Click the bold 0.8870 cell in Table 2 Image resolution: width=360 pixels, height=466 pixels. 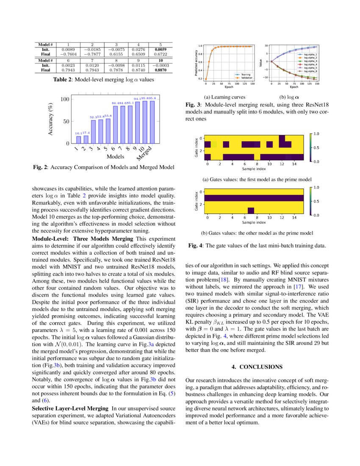pyautogui.click(x=160, y=70)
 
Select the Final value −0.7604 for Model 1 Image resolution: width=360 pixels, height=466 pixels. pyautogui.click(x=68, y=54)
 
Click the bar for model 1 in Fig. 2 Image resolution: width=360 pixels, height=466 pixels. pyautogui.click(x=78, y=139)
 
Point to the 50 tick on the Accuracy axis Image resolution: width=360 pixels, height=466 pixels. pyautogui.click(x=65, y=122)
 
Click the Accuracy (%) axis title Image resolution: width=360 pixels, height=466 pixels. pyautogui.click(x=51, y=119)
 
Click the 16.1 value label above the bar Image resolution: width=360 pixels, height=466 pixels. pyautogui.click(x=78, y=133)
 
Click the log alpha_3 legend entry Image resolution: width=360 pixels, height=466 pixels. pyautogui.click(x=310, y=61)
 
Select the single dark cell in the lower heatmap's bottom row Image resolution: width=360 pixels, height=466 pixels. pyautogui.click(x=251, y=211)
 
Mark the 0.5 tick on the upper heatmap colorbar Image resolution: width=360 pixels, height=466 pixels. pyautogui.click(x=316, y=147)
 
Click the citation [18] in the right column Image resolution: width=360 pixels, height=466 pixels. pyautogui.click(x=223, y=280)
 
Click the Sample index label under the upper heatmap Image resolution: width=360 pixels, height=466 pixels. pyautogui.click(x=253, y=169)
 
